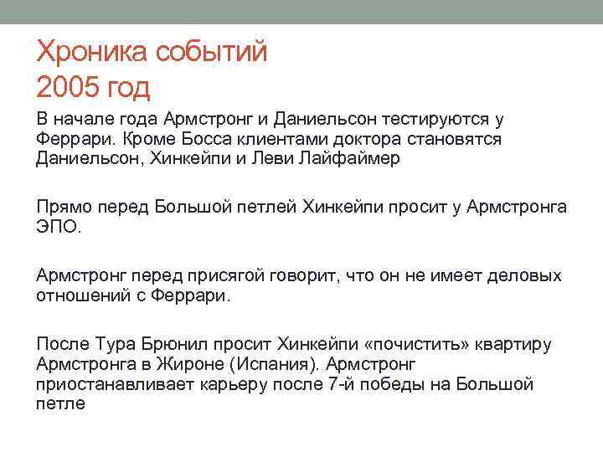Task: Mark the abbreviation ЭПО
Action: point(59,227)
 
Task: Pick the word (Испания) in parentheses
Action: point(276,364)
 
